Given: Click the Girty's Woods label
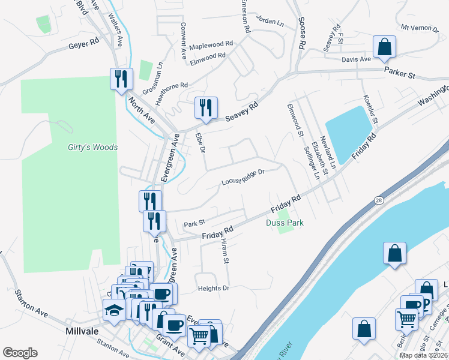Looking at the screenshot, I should pos(92,147).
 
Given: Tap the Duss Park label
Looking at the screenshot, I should pos(285,223).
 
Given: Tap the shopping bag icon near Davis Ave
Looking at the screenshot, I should pos(384,47).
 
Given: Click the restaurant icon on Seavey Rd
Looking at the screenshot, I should pos(206,109).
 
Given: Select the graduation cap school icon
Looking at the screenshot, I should pos(113,310).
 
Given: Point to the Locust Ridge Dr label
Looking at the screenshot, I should pos(243,178).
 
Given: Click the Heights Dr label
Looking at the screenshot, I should pos(214,289).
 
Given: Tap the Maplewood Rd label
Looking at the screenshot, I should pos(211,45).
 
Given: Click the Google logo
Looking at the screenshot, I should pos(20,353).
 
